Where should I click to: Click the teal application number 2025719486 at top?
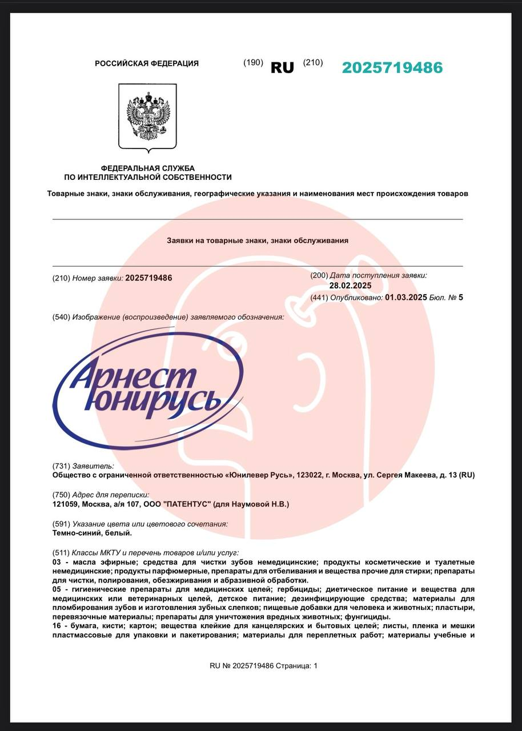coord(392,67)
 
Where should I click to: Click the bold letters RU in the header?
coord(282,67)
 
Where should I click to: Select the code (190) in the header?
coord(253,63)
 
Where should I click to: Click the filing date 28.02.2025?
coord(350,286)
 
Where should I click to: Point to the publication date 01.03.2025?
coord(406,297)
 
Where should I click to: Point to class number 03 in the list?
coord(56,563)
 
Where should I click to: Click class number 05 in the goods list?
coord(56,589)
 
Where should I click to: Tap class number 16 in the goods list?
coord(56,626)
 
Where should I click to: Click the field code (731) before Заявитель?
coord(61,466)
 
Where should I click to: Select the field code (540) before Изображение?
coord(61,317)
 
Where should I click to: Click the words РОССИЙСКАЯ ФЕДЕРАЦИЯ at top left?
coord(147,63)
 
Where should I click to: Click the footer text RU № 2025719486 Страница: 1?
coord(263,665)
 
